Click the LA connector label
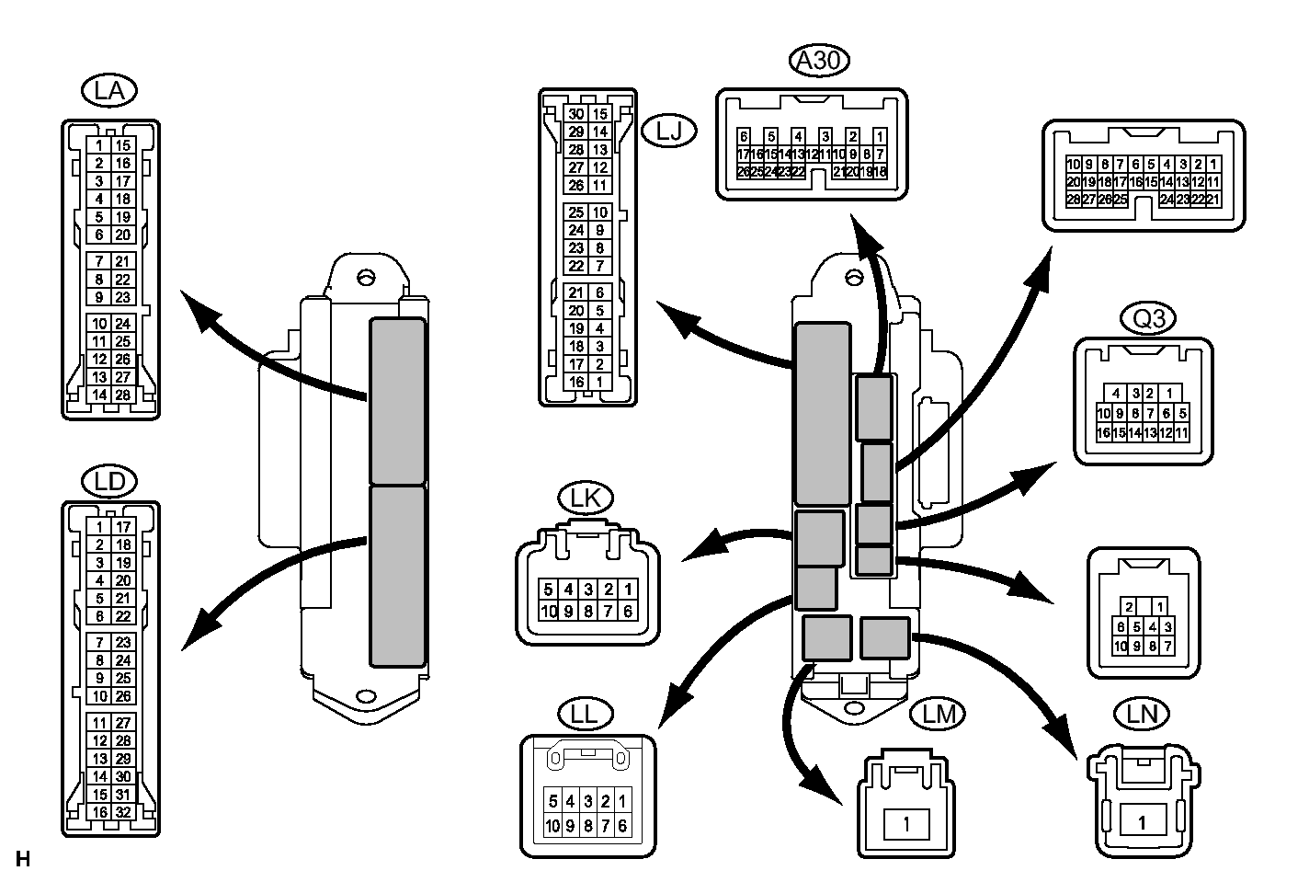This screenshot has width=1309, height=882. click(x=108, y=91)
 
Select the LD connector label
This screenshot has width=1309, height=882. click(x=108, y=481)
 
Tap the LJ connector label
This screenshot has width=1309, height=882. click(x=669, y=132)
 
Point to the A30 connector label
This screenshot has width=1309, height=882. click(x=819, y=61)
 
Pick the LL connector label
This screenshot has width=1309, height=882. click(x=585, y=714)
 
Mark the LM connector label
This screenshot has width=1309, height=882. click(x=938, y=714)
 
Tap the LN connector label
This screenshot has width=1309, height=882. click(x=1142, y=714)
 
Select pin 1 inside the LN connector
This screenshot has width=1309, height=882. click(x=1143, y=822)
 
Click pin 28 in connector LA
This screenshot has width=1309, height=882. click(x=123, y=395)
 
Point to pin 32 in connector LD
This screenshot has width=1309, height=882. click(x=123, y=812)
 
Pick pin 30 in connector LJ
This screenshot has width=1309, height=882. click(x=576, y=115)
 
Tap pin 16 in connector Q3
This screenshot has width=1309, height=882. click(x=1104, y=432)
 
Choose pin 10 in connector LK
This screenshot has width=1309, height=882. click(x=549, y=611)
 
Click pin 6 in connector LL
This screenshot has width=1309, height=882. click(x=622, y=826)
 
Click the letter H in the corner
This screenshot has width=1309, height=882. click(x=23, y=860)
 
